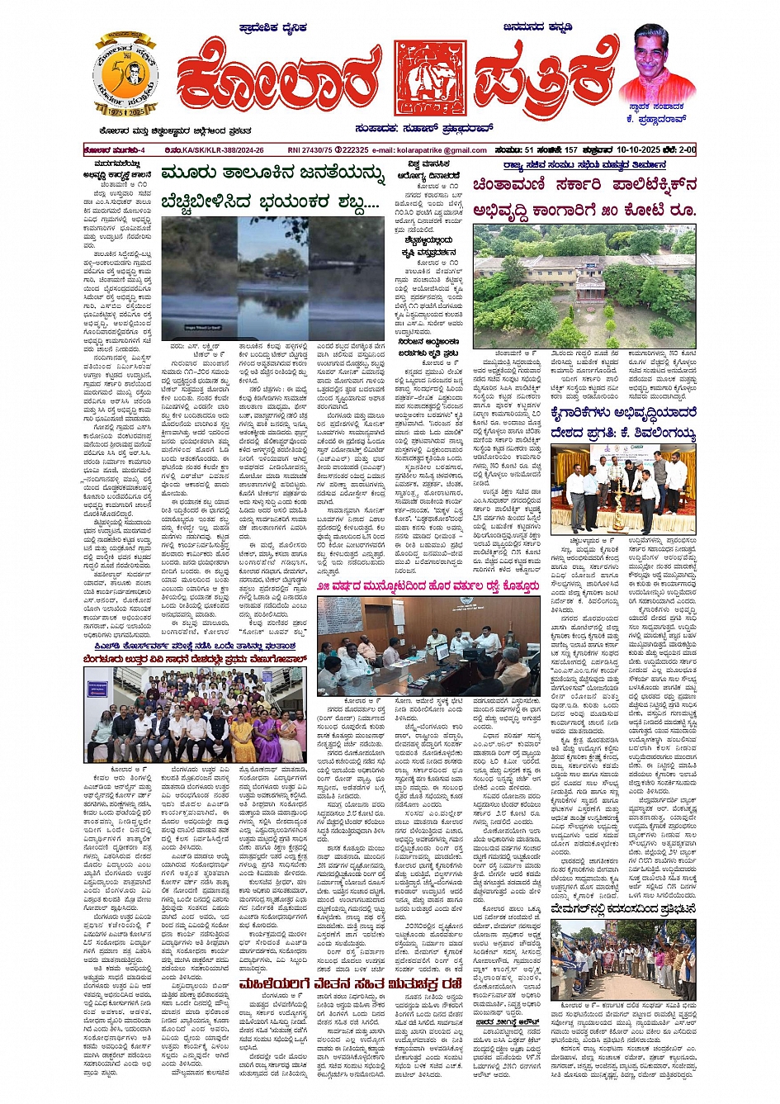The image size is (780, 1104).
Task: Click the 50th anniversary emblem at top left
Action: [x=125, y=75]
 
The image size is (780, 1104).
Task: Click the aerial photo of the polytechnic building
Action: [x=584, y=286]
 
